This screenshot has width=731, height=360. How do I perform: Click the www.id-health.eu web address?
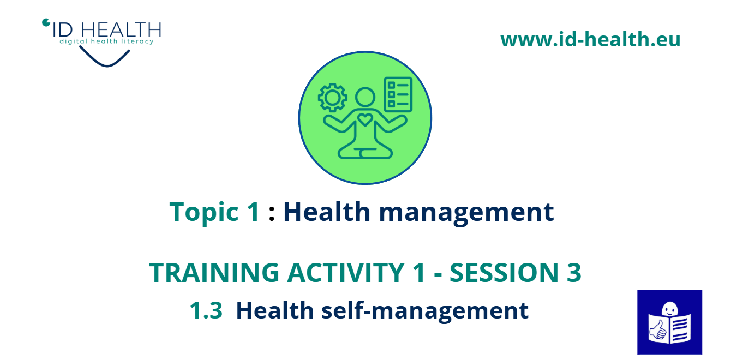click(x=590, y=39)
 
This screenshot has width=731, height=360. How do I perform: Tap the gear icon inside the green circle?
click(x=333, y=98)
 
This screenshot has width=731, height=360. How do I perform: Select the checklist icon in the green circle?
click(x=398, y=95)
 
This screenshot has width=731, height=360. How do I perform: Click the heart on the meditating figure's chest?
click(x=365, y=120)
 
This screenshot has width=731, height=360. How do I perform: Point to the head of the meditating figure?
click(x=365, y=97)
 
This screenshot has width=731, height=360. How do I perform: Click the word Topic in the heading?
click(x=204, y=212)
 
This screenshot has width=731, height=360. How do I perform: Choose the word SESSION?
click(x=504, y=272)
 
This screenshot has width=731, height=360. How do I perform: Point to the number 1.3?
click(x=206, y=310)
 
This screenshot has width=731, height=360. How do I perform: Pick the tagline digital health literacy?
click(x=106, y=41)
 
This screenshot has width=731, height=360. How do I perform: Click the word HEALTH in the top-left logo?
click(x=121, y=30)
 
